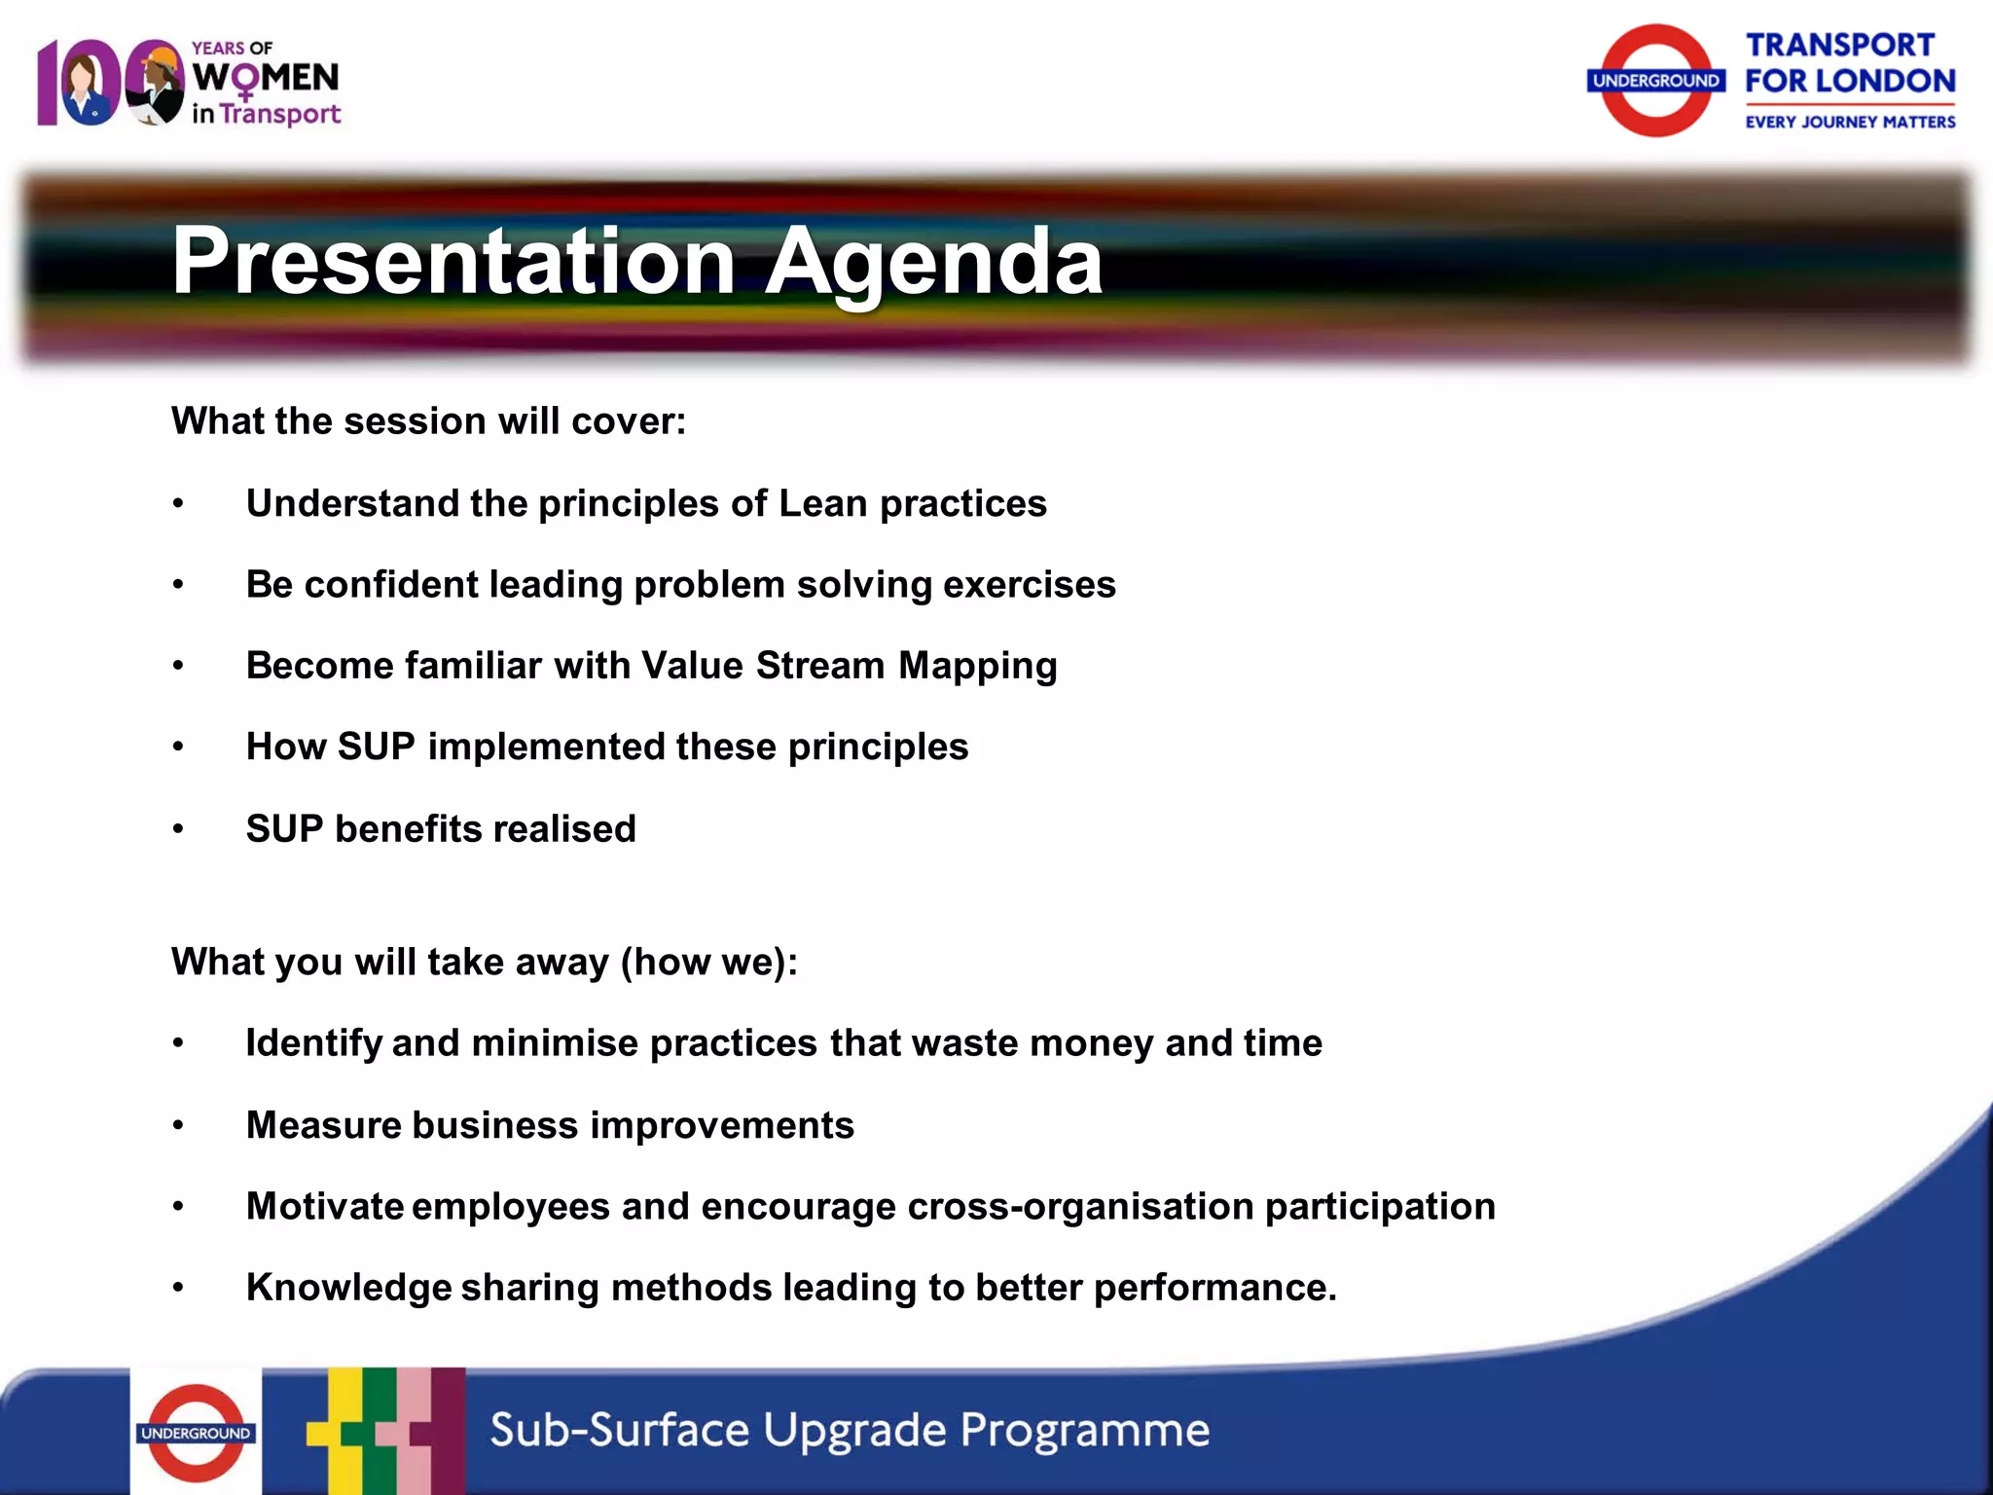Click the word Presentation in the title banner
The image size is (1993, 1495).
coord(453,261)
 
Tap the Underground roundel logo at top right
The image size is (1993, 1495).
coord(1656,81)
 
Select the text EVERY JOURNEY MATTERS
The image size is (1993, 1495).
coord(1849,122)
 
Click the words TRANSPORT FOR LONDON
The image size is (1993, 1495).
coord(1849,63)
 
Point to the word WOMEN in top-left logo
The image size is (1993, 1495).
coord(266,78)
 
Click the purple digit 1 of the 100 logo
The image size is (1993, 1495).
coord(48,83)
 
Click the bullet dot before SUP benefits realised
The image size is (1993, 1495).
coord(178,829)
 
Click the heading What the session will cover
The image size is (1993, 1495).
coord(428,421)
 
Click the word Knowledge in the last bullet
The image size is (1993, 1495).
coord(348,1288)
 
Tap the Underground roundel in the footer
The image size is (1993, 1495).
coord(196,1432)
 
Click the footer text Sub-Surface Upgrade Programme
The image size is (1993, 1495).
coord(849,1430)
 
